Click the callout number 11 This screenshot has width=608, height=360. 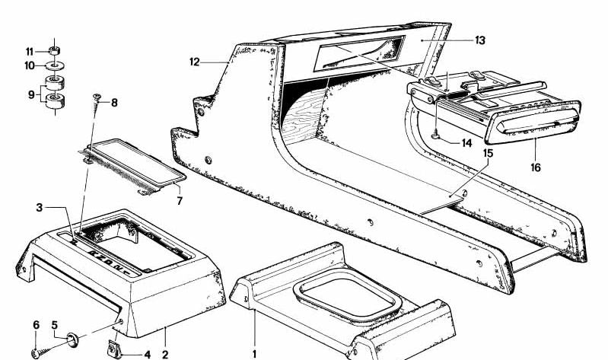(29, 51)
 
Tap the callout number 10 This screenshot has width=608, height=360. (29, 66)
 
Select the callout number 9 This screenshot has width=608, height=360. (30, 96)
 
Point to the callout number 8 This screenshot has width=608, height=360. (115, 102)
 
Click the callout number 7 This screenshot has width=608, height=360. (180, 201)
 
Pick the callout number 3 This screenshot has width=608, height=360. (39, 207)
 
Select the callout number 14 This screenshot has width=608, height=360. (466, 142)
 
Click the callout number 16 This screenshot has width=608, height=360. (536, 167)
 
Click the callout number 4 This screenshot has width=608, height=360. (147, 354)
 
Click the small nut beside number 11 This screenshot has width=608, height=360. (55, 51)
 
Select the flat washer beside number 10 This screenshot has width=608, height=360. (55, 66)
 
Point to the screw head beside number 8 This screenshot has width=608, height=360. (97, 97)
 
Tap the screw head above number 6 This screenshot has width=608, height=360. (35, 352)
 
